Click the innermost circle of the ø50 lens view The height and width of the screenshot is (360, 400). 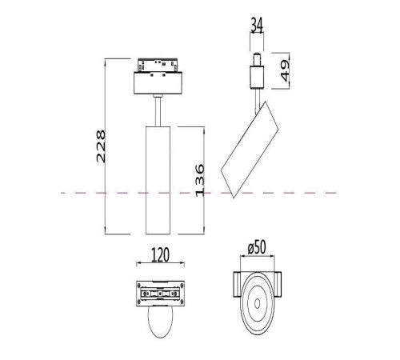pyautogui.click(x=258, y=302)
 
